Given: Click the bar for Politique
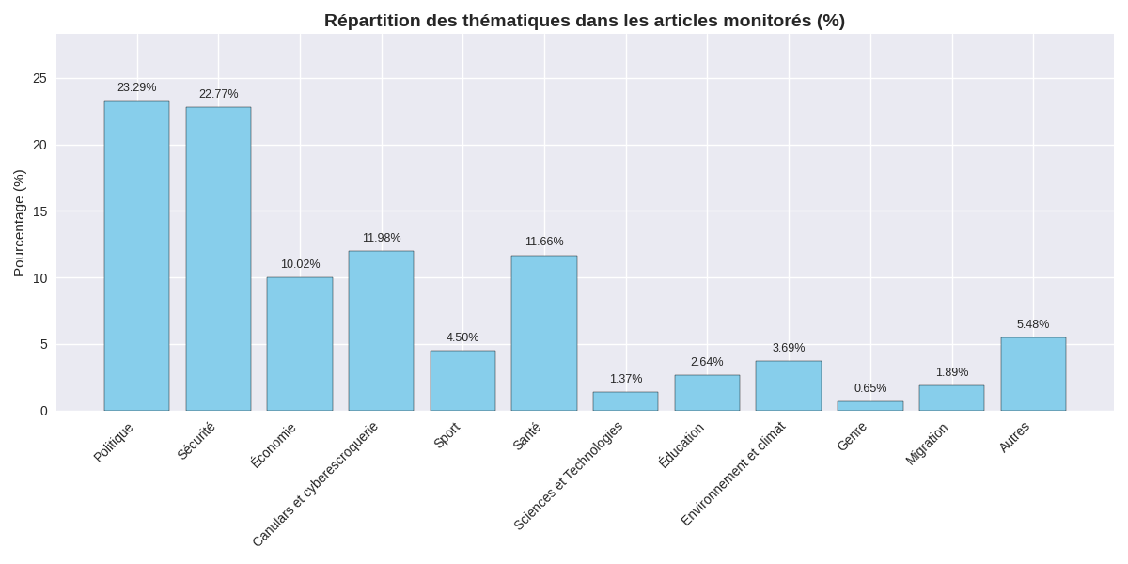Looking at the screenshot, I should (x=136, y=256).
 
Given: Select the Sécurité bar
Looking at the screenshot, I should (x=218, y=258).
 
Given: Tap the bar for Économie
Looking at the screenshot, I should (x=300, y=344).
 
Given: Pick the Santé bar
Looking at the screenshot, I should (x=544, y=333).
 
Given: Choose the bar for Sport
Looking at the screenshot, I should (x=462, y=381).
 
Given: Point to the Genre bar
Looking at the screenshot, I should (x=870, y=406).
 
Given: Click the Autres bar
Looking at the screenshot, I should (x=1033, y=374).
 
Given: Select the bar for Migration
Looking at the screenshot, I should (x=951, y=398).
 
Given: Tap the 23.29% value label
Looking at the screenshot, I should (x=136, y=87).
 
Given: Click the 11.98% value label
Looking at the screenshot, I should (x=382, y=238).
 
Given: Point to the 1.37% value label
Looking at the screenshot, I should (x=626, y=379).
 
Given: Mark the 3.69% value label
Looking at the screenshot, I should (x=789, y=348).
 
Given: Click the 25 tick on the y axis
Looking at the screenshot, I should (x=39, y=78).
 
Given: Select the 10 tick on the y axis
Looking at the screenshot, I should (x=39, y=278).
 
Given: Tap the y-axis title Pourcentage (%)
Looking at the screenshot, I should (x=19, y=223).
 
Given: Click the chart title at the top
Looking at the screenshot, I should (x=584, y=21).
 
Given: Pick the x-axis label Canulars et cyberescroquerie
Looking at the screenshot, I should (x=316, y=483).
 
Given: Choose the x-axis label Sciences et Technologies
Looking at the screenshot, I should (x=569, y=475).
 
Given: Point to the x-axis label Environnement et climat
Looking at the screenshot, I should (x=733, y=473).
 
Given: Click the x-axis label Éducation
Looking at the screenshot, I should (x=681, y=445).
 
